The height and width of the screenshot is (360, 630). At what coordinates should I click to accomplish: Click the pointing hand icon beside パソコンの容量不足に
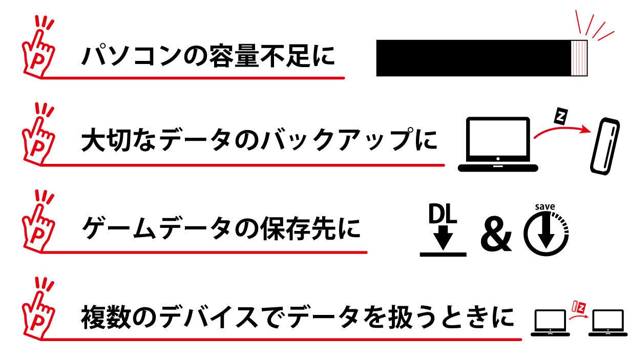[x=38, y=48]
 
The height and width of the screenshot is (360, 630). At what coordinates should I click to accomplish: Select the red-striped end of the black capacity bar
[x=579, y=58]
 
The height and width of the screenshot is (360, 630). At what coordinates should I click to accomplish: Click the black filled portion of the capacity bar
[x=474, y=58]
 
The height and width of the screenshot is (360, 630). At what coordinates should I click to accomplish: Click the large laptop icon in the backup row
[x=498, y=144]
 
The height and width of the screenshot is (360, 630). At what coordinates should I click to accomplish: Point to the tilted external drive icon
[x=605, y=146]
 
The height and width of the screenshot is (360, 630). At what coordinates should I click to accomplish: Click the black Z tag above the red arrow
[x=561, y=116]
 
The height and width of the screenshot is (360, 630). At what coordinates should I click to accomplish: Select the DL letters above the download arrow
[x=443, y=214]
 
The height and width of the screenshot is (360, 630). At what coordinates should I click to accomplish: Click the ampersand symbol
[x=496, y=234]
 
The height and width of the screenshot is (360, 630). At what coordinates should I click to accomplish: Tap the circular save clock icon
[x=546, y=234]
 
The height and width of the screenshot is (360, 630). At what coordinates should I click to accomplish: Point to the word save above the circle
[x=545, y=207]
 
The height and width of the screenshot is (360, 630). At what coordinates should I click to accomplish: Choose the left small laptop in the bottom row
[x=550, y=323]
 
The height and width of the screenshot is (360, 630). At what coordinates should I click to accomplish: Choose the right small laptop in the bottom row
[x=608, y=323]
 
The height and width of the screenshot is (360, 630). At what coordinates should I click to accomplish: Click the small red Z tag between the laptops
[x=579, y=307]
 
